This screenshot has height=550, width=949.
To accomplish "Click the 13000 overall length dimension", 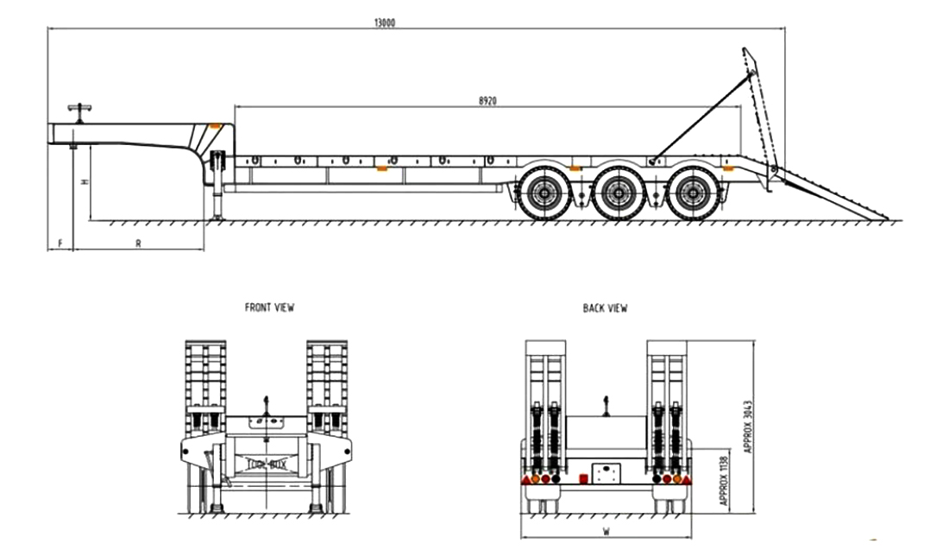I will [386, 23].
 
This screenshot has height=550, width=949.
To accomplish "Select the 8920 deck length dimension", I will [487, 100].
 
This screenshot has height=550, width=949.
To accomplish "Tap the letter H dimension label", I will [84, 182].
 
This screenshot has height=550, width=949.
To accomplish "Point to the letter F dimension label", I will [60, 243].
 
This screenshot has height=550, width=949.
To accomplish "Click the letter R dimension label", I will [138, 243].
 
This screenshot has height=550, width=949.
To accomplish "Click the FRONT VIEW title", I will [269, 307].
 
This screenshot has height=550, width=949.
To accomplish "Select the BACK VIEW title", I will [606, 307].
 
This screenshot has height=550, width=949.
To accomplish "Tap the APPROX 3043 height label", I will [747, 426].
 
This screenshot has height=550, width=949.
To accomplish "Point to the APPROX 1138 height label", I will [722, 480].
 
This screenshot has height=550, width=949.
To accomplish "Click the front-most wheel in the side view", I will [542, 195].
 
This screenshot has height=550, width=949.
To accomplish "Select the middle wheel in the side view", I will [617, 195].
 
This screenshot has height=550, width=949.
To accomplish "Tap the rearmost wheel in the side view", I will [691, 195].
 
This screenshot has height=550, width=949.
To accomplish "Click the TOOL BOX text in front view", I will [267, 464].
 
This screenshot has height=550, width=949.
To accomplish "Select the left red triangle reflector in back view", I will [524, 478].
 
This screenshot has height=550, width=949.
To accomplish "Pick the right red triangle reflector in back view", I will [688, 478].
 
